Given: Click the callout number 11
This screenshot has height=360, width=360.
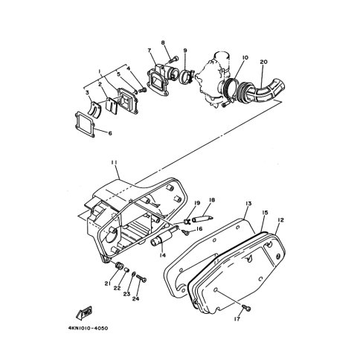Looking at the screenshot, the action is point(114,162).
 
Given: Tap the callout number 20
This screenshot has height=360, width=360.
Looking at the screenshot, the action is point(263,62).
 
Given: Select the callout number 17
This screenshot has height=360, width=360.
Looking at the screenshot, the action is point(237,319).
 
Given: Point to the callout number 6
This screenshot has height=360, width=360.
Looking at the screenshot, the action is point(110,133).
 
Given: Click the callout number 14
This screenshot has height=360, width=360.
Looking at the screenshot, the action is point(163,255).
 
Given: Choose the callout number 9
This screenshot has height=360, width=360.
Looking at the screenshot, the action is point(185,51).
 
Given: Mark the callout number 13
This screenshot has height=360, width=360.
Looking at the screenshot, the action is point(248,204).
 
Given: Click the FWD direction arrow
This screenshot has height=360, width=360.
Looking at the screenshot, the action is point(83,312).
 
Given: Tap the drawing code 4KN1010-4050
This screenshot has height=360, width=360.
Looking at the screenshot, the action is point(88,328).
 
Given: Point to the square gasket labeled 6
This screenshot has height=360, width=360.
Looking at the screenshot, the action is point(85,124).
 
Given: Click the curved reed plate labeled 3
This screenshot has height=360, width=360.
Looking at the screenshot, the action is point(95,109).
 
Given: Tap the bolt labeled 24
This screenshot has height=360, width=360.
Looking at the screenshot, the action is point(141,278).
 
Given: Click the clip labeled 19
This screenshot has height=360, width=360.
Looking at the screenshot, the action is point(187,221).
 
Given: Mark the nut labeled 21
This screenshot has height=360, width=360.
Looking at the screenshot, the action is point(119,266).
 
